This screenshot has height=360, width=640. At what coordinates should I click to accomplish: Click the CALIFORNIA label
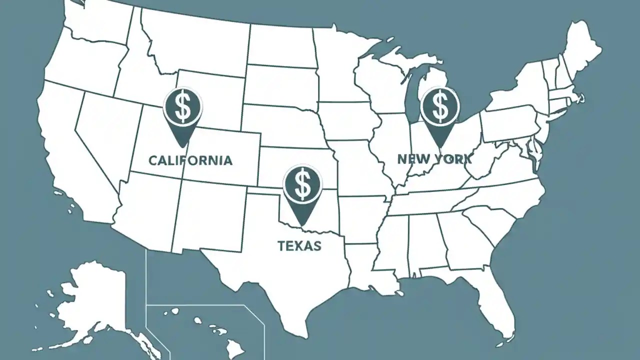click(x=190, y=160)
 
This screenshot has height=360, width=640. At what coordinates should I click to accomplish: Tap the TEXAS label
click(x=299, y=245)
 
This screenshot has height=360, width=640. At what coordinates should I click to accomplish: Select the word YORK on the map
click(x=453, y=159)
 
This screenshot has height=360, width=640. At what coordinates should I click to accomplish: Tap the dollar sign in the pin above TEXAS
click(x=302, y=183)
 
